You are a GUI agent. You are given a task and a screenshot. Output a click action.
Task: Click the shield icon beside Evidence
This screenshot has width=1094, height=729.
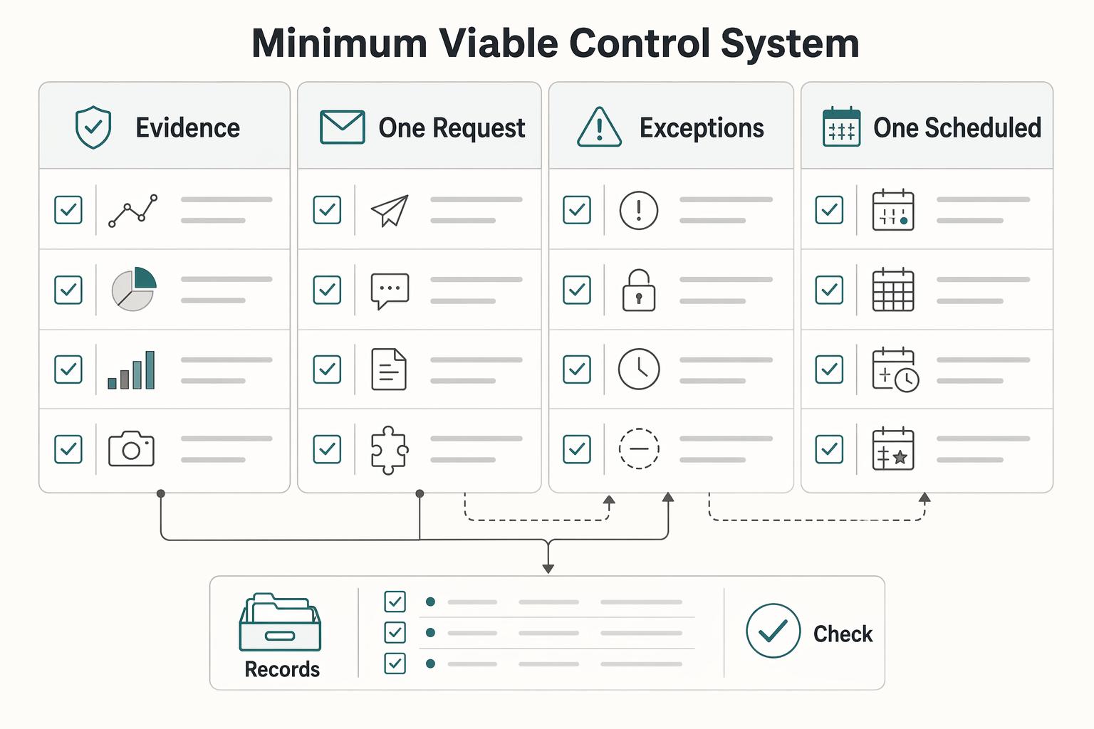click(x=93, y=127)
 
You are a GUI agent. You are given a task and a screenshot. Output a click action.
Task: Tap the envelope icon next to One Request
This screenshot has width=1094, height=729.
click(x=342, y=127)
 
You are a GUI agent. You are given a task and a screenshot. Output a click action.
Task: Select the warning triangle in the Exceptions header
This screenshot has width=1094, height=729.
click(x=599, y=127)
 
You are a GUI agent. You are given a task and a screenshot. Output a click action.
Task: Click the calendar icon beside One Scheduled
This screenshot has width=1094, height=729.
click(x=841, y=127)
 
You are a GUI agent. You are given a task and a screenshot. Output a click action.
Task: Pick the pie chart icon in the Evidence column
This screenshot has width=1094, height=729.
click(x=134, y=289)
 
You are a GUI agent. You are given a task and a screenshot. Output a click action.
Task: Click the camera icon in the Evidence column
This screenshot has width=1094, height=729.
click(x=131, y=449)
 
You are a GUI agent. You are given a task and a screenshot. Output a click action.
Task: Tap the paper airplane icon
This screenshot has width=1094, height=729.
click(x=390, y=211)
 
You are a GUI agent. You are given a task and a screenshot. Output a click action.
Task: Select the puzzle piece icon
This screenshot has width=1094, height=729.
click(x=390, y=450)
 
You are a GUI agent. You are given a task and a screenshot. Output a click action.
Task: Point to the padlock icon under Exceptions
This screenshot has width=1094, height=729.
click(x=639, y=290)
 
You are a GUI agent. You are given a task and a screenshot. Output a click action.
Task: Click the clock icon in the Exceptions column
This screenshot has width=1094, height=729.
click(x=639, y=369)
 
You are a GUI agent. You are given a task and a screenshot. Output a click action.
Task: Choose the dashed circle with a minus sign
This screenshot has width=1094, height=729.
click(x=639, y=449)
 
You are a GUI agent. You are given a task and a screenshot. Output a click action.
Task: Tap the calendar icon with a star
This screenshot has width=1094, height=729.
click(x=893, y=449)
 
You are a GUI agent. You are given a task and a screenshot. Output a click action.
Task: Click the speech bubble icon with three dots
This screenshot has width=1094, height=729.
click(x=390, y=291)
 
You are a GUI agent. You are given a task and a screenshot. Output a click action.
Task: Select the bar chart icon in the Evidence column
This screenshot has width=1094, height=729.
click(x=131, y=369)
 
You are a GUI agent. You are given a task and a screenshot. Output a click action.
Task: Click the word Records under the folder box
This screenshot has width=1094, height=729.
click(x=282, y=669)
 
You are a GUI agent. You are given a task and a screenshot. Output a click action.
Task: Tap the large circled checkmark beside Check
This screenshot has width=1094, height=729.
click(x=773, y=630)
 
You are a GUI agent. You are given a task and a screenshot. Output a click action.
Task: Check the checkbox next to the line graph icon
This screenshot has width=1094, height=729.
click(x=68, y=210)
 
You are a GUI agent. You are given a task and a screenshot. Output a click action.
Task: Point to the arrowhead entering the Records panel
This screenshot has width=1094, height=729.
click(x=548, y=569)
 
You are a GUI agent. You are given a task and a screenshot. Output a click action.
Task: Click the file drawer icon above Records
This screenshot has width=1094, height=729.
click(x=280, y=622)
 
